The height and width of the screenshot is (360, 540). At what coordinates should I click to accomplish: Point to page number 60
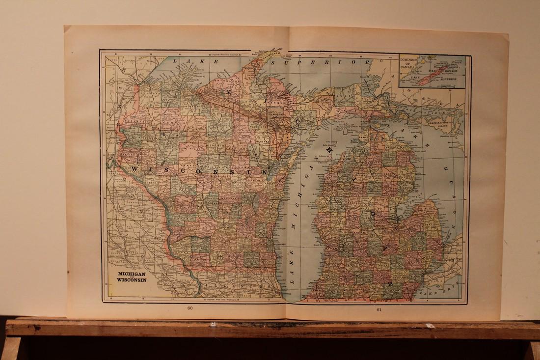[190, 308]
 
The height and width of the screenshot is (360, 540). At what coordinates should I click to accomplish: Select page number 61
[379, 309]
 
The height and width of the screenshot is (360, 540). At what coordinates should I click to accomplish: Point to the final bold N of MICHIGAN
[391, 283]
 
